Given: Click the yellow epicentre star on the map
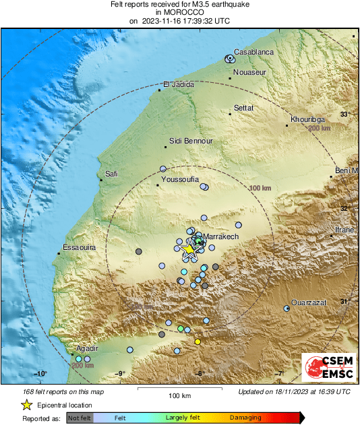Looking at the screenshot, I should click(188, 249).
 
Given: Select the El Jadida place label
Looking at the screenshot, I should click(179, 85).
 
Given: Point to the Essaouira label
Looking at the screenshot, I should click(80, 248).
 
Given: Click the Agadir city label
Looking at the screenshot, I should click(88, 348).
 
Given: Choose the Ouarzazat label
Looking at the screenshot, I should click(309, 303).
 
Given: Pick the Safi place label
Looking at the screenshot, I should click(111, 174).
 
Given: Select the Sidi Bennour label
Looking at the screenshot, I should click(191, 141).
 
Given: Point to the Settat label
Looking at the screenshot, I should click(243, 108).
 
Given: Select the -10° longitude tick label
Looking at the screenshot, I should click(40, 374).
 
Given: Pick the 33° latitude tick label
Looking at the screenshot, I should click(344, 115).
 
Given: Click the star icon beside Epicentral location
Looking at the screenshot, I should click(26, 405).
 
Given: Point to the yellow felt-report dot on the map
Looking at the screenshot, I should click(198, 342).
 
